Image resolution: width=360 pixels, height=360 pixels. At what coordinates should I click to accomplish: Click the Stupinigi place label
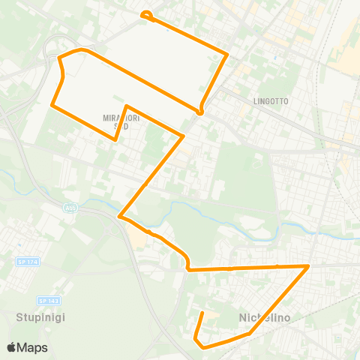click(x=40, y=317)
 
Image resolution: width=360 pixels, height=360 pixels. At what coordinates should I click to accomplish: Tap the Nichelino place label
click(x=265, y=317)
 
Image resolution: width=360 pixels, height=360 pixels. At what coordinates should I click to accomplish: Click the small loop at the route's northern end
click(x=146, y=13)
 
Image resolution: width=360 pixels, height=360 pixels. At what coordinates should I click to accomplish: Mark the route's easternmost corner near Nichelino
click(x=308, y=265)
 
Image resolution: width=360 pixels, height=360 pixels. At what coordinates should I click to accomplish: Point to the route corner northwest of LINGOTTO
click(x=227, y=53)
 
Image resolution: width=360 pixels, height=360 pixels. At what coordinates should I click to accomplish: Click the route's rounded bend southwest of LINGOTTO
click(x=200, y=112)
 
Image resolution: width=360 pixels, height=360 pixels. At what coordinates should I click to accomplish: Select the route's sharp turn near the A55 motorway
click(x=120, y=217)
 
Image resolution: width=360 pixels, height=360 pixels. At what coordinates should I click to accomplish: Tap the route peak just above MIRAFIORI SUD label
click(x=127, y=106)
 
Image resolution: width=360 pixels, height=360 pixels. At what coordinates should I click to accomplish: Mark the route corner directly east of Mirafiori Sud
click(x=184, y=136)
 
